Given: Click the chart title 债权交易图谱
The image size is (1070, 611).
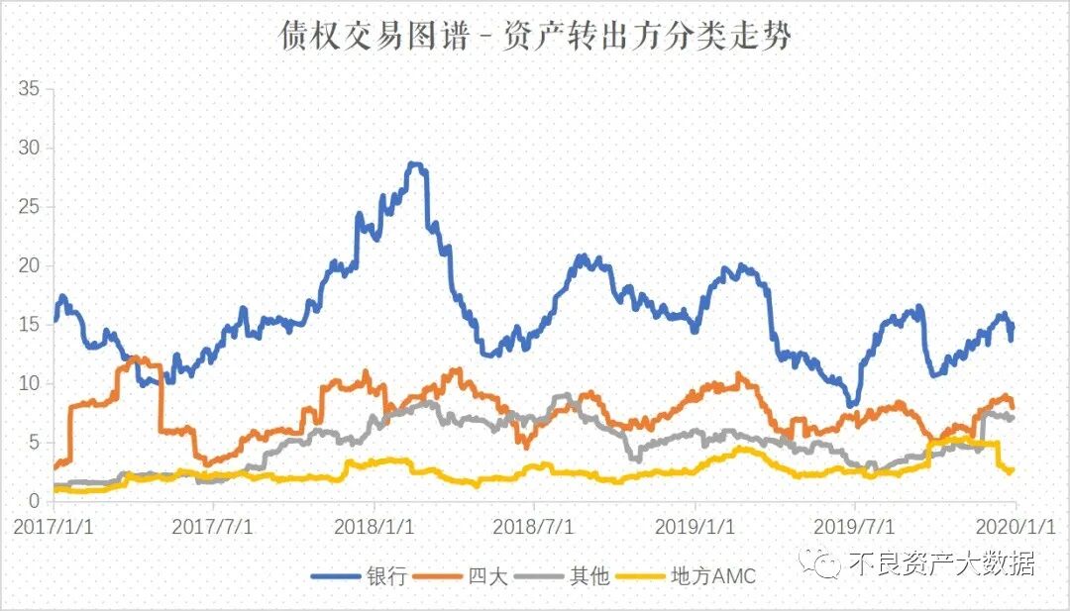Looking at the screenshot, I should click(x=534, y=37).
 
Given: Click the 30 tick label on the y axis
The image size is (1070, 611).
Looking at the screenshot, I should click(x=29, y=149).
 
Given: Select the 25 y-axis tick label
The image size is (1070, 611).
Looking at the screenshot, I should click(x=29, y=207).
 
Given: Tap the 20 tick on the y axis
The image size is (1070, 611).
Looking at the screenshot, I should click(x=29, y=265).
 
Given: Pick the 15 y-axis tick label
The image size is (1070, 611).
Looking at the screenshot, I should click(x=29, y=325).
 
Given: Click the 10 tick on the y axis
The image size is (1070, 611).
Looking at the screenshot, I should click(x=29, y=383).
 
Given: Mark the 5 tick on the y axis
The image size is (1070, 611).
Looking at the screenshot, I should click(x=34, y=442).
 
